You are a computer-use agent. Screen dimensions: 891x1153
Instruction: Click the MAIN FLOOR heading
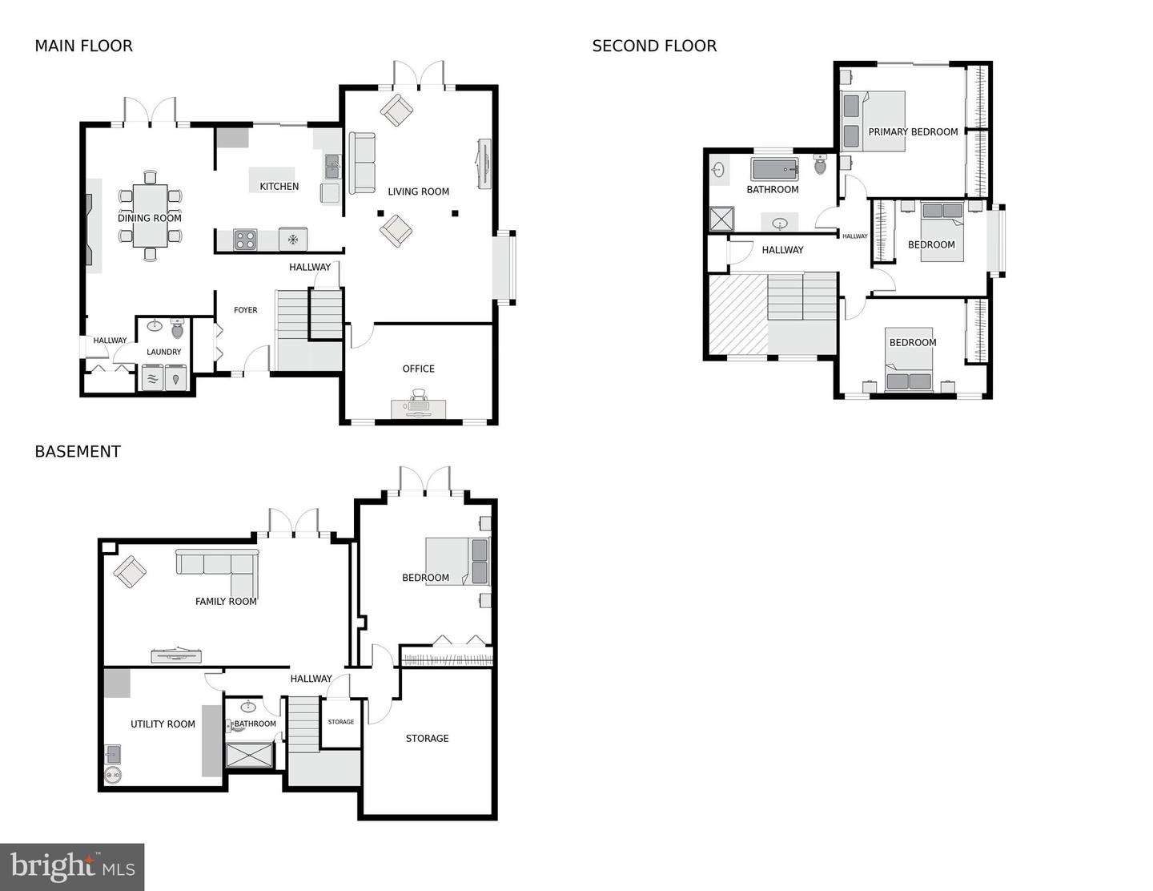[x=83, y=46]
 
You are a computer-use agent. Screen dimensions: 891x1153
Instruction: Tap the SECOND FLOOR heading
[x=654, y=46]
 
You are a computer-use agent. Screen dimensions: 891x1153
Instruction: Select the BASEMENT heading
[x=78, y=452]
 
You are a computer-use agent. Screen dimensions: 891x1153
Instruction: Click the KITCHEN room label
[x=279, y=187]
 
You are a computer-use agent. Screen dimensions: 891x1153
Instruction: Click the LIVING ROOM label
[x=418, y=192]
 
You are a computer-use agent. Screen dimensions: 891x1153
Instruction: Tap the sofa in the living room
[x=362, y=163]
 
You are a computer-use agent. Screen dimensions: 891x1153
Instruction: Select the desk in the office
[x=418, y=408]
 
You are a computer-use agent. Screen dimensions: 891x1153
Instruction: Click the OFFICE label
[x=418, y=369]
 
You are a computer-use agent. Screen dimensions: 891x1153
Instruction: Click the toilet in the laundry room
[x=178, y=328]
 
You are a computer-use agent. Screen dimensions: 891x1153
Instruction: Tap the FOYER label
[x=245, y=310]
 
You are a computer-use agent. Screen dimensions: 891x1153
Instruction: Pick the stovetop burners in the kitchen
[x=245, y=239]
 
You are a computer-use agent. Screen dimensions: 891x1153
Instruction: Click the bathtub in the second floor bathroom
[x=773, y=169]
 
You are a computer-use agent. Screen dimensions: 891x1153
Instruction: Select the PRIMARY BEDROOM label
[x=913, y=132]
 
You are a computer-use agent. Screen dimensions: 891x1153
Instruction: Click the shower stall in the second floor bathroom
[x=721, y=220]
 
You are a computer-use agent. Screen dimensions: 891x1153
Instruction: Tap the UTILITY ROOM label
[x=163, y=724]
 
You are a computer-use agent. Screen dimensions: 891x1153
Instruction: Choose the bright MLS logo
[x=72, y=867]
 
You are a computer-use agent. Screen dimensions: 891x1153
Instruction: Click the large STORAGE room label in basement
[x=427, y=739]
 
